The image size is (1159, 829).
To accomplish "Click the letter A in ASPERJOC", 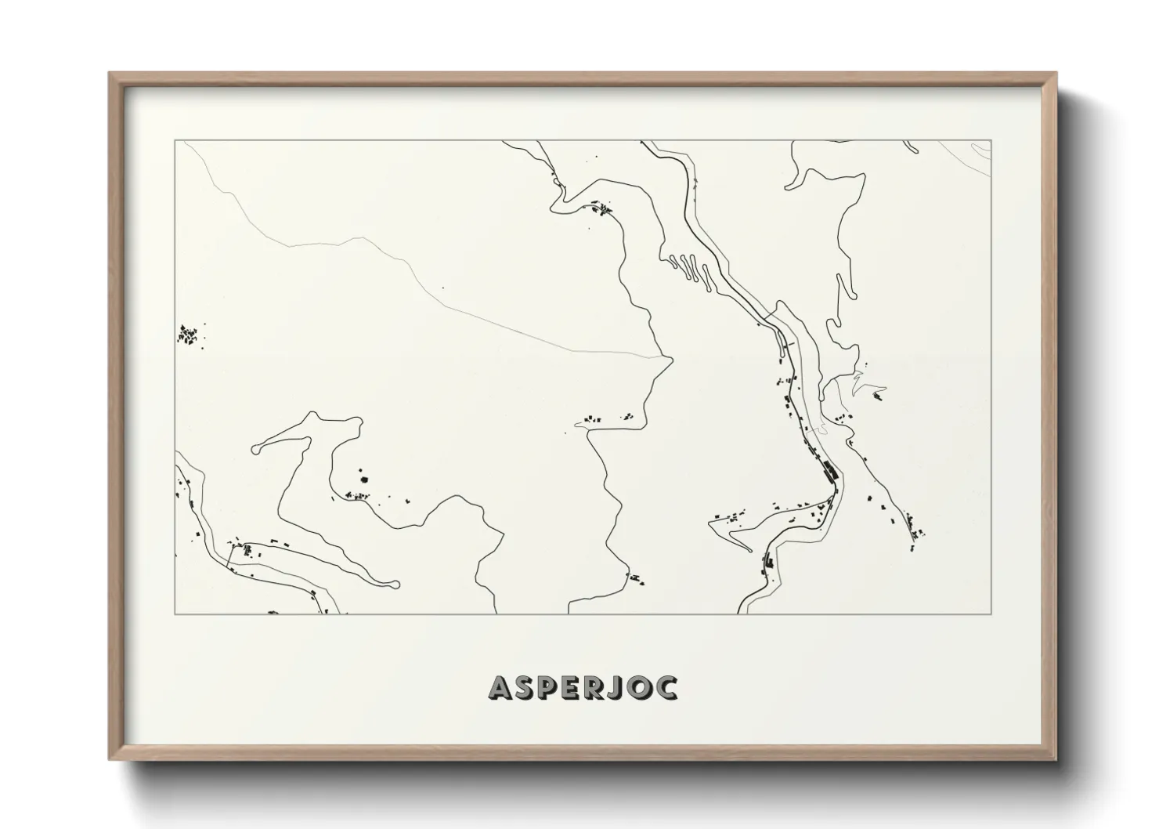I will pyautogui.click(x=501, y=687).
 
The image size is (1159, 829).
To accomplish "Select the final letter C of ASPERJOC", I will pyautogui.click(x=667, y=687).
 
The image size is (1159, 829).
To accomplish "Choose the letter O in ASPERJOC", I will pyautogui.click(x=639, y=687).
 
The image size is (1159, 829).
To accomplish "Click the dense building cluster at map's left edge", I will pyautogui.click(x=189, y=336).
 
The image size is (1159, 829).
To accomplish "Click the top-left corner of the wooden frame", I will pyautogui.click(x=110, y=74).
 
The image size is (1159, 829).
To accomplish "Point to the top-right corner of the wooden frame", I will pyautogui.click(x=1055, y=74).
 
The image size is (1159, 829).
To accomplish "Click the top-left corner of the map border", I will pyautogui.click(x=175, y=141).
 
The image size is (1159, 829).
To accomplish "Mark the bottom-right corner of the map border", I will pyautogui.click(x=991, y=614).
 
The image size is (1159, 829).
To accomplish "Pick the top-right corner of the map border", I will pyautogui.click(x=991, y=141).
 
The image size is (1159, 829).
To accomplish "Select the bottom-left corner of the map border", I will pyautogui.click(x=175, y=614).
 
